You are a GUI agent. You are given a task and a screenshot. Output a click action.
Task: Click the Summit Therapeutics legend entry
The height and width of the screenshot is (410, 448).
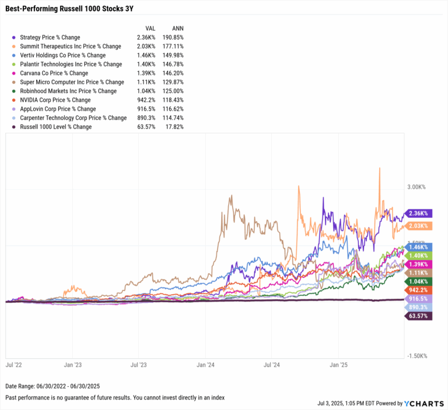pos(70,46)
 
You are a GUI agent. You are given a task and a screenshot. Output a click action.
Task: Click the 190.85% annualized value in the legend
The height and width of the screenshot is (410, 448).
pos(173,37)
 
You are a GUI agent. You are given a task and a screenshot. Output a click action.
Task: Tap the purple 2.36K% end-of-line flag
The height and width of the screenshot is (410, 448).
pos(418,214)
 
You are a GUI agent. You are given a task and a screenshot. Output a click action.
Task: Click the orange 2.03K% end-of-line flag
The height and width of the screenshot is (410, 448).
pos(418,226)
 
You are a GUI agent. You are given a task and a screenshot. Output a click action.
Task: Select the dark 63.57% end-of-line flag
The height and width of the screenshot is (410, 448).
pos(418,316)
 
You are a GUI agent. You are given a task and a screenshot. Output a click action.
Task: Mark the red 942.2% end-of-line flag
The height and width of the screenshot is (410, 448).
pos(418,289)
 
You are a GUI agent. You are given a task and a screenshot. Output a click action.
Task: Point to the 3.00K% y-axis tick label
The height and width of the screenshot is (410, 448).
pos(416,187)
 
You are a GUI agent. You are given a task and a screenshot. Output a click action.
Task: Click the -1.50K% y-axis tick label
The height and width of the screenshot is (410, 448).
pos(416,356)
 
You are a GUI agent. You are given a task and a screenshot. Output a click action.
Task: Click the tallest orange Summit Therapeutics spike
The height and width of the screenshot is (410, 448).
pos(380,168)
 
